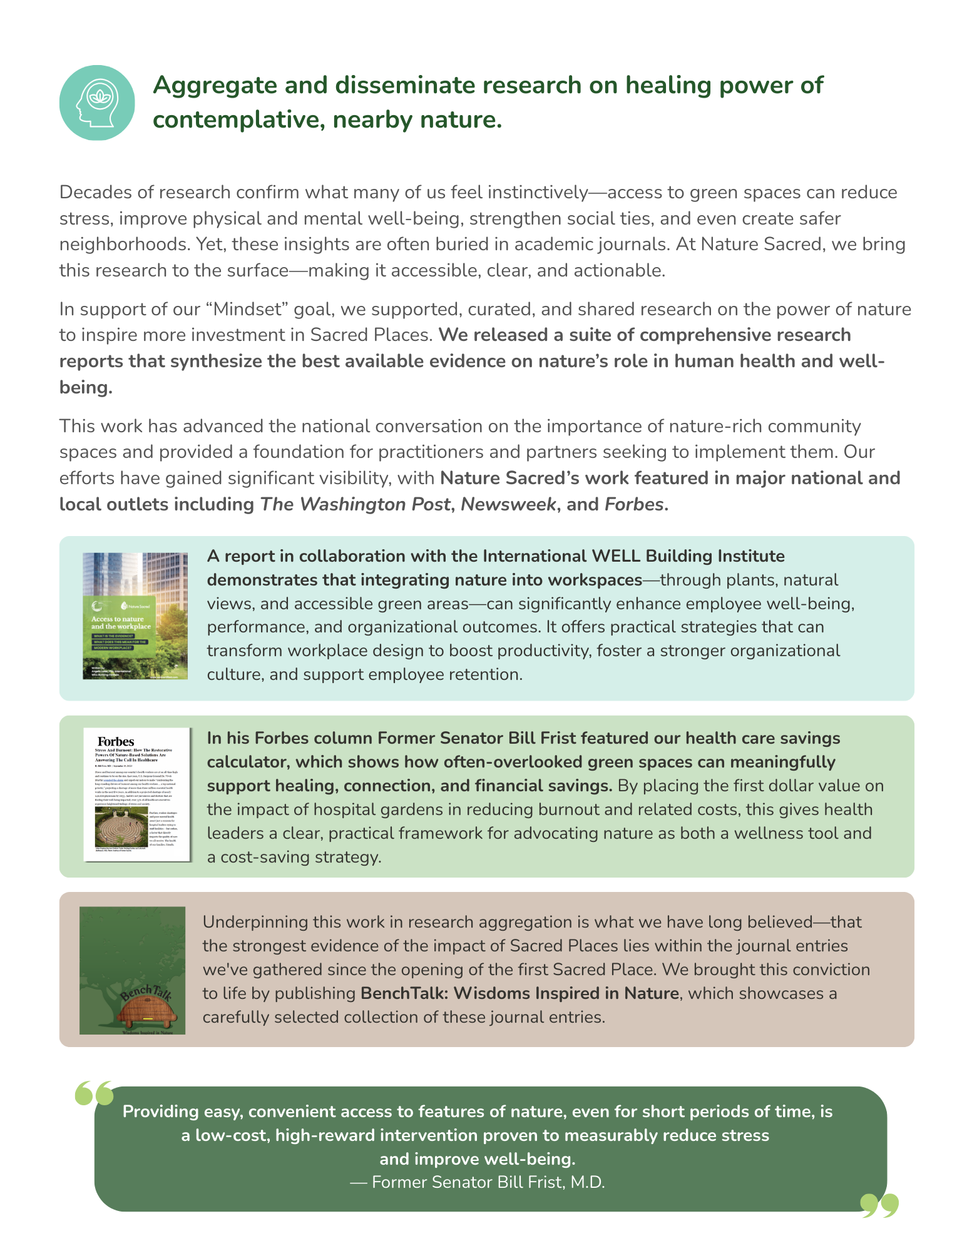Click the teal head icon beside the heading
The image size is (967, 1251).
(97, 103)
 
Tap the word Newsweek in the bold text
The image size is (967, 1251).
(508, 504)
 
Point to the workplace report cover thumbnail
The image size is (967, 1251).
(135, 615)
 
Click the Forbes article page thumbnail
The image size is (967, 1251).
(137, 794)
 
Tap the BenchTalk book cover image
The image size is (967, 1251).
(133, 970)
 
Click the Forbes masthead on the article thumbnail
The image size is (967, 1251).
(116, 741)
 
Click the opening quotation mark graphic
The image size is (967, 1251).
(95, 1093)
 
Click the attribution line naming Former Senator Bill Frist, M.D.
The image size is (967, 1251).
(478, 1182)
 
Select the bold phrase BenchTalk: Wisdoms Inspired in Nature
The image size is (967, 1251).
(519, 993)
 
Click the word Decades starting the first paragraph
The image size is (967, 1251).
(96, 192)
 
